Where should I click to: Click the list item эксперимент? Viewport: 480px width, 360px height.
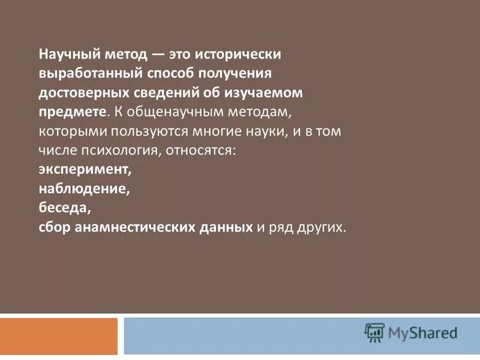point(85,170)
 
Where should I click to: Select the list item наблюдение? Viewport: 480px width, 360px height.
point(84,189)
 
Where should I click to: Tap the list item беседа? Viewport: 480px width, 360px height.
point(64,208)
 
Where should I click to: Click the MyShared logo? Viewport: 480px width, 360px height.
point(411,332)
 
